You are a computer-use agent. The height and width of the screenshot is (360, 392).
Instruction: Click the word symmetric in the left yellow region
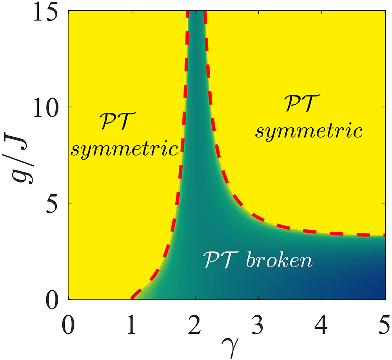point(124,149)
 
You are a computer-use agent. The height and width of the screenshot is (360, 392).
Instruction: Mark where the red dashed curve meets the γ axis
point(132,298)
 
